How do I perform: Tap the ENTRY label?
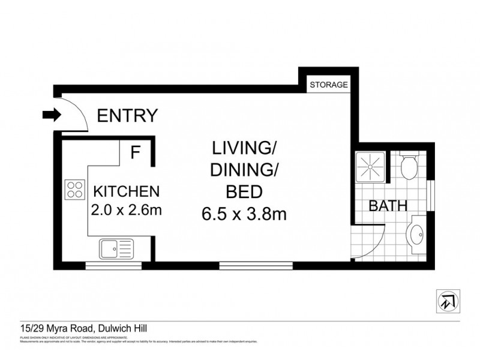[x=128, y=115]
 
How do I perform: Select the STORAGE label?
[x=328, y=85]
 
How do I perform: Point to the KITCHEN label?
[x=126, y=192]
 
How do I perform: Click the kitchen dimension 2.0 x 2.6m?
[x=126, y=211]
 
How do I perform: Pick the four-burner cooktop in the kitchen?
[x=75, y=190]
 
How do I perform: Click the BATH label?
[x=388, y=206]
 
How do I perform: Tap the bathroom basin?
[x=415, y=234]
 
